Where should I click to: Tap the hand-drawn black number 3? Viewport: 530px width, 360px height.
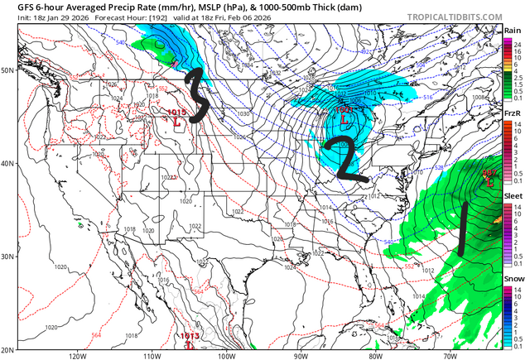point(195,96)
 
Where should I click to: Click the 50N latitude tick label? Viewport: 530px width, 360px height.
point(8,70)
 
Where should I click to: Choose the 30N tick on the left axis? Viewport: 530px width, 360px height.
point(8,257)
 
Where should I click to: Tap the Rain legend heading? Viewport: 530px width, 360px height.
point(513,30)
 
